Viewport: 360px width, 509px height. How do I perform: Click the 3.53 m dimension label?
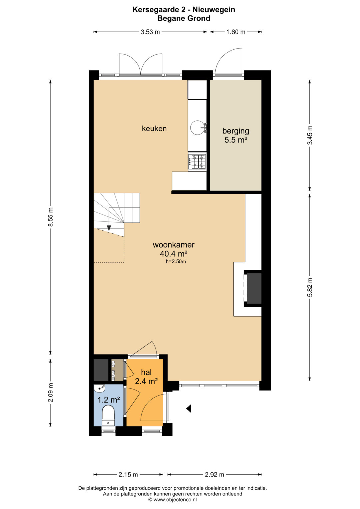point(150,32)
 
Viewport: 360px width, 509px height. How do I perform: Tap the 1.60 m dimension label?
point(236,32)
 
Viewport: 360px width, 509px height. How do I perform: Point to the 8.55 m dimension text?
point(50,217)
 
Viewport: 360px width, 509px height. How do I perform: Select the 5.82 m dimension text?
point(310,287)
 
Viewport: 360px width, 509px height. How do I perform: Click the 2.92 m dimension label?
point(214,474)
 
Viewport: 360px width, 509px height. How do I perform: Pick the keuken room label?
point(154,129)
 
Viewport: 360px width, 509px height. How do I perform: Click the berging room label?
point(236,131)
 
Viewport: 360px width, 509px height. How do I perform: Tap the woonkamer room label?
point(174,245)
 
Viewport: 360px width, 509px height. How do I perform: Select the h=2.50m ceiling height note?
point(176,262)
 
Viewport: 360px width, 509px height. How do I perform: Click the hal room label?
point(146,372)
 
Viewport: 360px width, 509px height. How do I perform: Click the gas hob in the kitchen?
point(197,162)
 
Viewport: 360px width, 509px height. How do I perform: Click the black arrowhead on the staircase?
point(109,228)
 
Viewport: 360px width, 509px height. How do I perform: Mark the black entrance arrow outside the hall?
point(189,408)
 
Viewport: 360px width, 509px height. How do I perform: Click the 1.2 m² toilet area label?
point(109,400)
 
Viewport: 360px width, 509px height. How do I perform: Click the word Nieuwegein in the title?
point(214,10)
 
